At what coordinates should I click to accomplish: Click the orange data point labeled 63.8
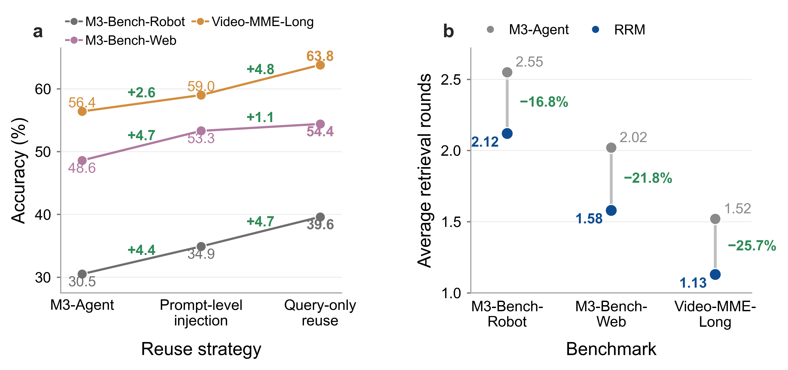point(320,65)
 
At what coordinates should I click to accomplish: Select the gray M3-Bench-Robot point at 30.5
point(82,274)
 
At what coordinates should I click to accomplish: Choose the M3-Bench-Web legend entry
point(121,40)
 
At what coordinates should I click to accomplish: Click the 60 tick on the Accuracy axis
point(43,89)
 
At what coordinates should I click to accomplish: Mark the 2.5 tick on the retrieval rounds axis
point(451,79)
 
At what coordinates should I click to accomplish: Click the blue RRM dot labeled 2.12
point(507,134)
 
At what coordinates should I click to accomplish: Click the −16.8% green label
point(544,102)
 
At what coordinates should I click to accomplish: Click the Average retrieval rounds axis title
point(425,170)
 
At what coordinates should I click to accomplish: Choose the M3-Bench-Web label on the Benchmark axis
point(611,314)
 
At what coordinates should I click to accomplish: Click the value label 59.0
point(201,87)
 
